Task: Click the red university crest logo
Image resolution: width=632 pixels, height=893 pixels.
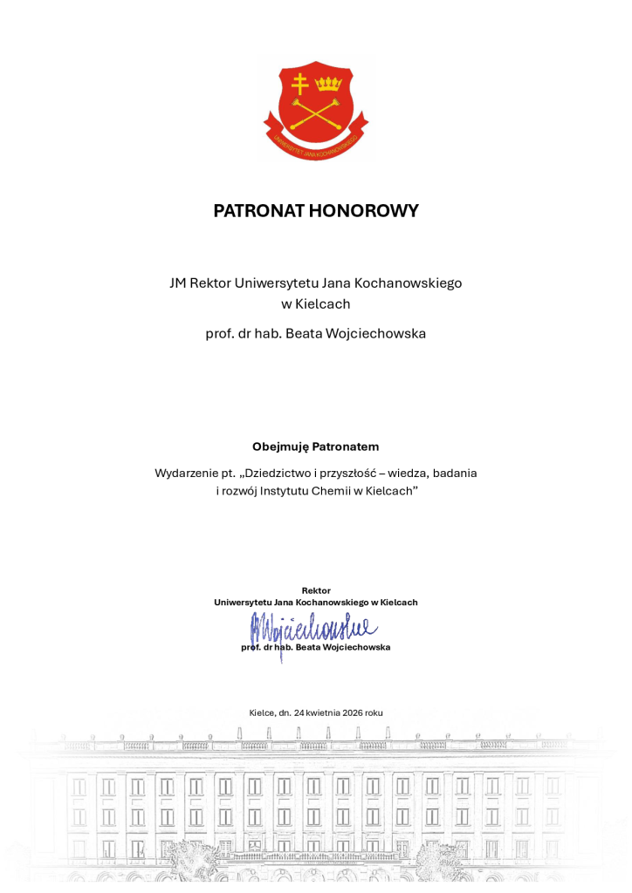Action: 315,109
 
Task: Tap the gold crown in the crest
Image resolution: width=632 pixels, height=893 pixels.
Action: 328,84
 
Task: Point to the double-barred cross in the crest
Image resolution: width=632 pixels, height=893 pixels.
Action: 300,85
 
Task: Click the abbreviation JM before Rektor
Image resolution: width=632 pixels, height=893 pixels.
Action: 177,283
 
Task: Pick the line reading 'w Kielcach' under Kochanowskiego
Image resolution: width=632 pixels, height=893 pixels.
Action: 315,304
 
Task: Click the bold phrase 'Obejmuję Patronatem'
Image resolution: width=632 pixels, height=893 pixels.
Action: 315,446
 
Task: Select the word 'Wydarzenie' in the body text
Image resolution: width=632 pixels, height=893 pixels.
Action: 187,473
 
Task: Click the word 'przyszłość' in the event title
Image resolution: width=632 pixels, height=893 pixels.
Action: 355,473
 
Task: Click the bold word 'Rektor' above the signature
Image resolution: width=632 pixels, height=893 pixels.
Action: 315,590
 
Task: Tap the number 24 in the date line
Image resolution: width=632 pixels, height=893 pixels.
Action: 299,712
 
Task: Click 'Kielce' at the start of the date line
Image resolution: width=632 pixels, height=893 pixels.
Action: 261,712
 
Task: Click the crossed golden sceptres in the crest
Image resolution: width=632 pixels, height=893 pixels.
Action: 315,113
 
